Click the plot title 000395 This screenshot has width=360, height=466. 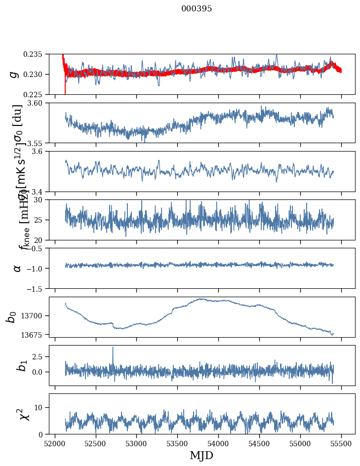[x=197, y=9]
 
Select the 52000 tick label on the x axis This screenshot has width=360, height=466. [x=55, y=443]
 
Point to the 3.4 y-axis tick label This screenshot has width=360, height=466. [x=40, y=192]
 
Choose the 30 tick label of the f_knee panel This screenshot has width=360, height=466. [x=41, y=199]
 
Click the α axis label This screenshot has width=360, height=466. [x=17, y=268]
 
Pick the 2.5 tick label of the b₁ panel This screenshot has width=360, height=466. [x=40, y=356]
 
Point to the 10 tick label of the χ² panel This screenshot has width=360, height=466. [x=41, y=407]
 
